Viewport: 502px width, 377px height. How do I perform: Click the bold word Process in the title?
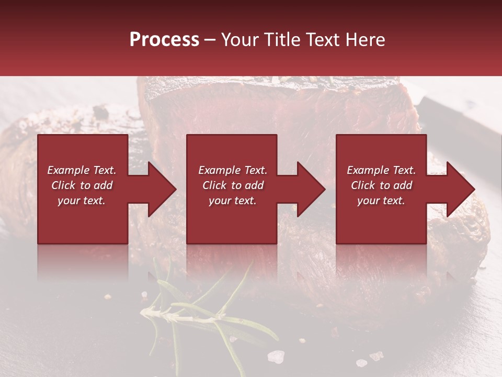(x=164, y=40)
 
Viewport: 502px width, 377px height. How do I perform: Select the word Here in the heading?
(x=367, y=40)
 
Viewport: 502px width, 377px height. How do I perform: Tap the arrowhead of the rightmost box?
(x=460, y=189)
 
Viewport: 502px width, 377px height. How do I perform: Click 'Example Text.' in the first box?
(x=82, y=170)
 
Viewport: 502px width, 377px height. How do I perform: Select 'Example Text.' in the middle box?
(x=233, y=170)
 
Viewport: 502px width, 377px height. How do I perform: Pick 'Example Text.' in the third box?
(x=381, y=170)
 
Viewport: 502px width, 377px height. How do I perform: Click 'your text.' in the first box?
(x=82, y=201)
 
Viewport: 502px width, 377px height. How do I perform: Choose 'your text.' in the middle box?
(x=233, y=201)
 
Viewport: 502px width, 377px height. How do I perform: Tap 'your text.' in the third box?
(x=381, y=201)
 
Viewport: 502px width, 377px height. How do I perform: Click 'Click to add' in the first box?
(x=82, y=185)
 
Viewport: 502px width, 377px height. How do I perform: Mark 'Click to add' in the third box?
(x=381, y=185)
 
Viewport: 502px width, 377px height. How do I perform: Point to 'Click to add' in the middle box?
(x=233, y=185)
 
